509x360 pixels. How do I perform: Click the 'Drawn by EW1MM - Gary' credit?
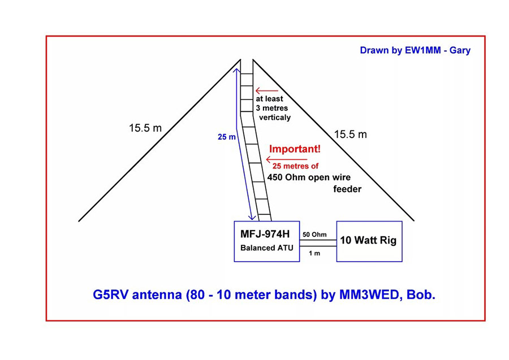415,50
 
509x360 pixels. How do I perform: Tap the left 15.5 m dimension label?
145,128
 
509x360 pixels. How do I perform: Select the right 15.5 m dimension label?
350,135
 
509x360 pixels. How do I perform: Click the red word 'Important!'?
294,149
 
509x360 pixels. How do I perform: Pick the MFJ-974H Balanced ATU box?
266,241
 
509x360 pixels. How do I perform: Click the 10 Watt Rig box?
369,241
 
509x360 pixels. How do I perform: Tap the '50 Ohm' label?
313,234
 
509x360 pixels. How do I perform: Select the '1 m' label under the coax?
314,253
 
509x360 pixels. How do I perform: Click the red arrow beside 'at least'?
266,90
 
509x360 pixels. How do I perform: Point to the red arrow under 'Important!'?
267,160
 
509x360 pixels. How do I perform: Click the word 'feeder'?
346,189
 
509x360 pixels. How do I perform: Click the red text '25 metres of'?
296,166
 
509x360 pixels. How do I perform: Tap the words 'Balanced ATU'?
266,248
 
